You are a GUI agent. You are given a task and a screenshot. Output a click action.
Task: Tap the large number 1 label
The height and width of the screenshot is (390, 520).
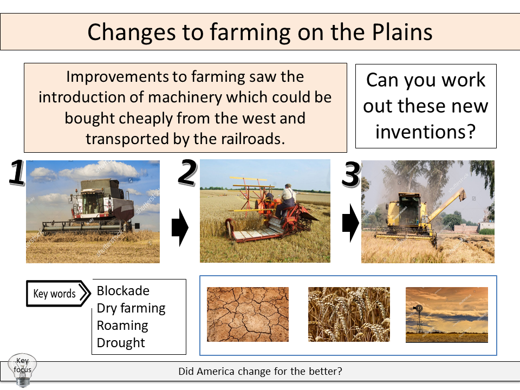click(16, 174)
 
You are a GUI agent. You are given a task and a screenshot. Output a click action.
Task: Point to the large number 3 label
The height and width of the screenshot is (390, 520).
click(352, 175)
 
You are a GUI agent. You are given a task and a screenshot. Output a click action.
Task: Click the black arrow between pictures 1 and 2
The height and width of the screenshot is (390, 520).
click(180, 228)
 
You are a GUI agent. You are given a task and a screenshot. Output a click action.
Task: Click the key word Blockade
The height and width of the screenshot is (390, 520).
click(122, 291)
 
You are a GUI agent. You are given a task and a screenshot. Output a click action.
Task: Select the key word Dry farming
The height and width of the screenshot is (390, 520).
click(131, 308)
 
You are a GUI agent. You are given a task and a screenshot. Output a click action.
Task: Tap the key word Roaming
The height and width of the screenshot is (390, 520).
click(122, 326)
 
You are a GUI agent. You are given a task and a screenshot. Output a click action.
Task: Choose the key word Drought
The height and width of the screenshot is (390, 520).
click(121, 343)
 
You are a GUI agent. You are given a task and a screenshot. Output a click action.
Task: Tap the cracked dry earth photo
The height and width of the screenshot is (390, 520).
click(248, 315)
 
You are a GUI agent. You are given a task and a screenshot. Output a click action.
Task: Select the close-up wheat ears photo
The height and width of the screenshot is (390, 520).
click(349, 315)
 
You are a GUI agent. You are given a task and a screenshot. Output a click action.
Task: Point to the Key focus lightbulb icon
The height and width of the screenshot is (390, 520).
click(23, 370)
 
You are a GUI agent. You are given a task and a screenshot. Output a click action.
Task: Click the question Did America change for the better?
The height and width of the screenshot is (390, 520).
click(260, 372)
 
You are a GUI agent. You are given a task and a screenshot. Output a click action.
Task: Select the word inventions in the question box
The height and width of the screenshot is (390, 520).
click(425, 132)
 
